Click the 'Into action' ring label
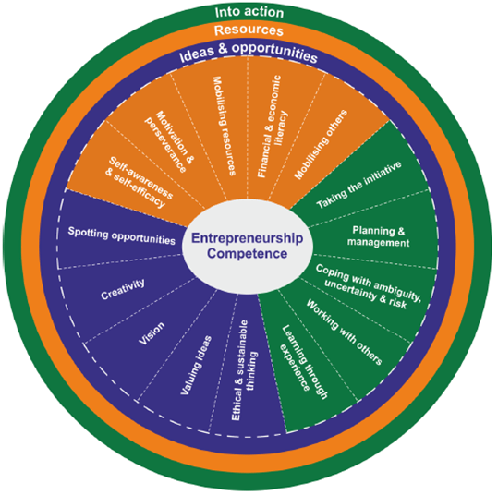249,12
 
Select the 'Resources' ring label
249,30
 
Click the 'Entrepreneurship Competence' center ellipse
248,246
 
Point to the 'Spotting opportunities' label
122,235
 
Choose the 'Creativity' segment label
123,289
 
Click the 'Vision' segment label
152,333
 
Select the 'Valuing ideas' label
196,365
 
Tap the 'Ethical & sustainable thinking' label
244,370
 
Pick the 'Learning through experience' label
304,362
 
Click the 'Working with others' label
344,332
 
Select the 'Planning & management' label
378,236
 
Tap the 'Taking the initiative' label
358,185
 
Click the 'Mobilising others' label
321,144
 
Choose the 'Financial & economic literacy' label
273,127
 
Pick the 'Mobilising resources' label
224,126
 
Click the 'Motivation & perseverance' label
169,141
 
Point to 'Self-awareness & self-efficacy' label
139,182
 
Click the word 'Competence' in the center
248,254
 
